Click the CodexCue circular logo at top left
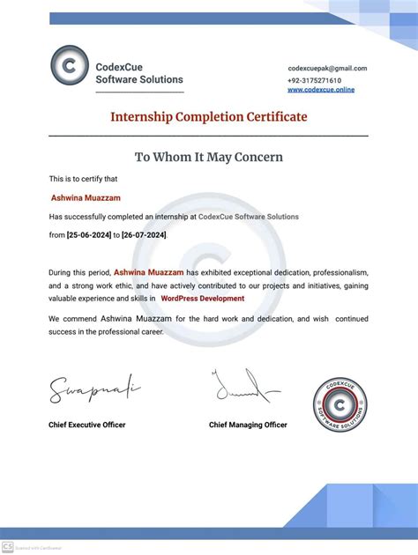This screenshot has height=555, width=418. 70,66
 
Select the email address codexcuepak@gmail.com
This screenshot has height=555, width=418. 327,68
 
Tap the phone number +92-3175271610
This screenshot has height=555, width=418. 314,79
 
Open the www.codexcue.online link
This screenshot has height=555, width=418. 321,90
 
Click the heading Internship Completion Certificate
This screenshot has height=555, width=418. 209,116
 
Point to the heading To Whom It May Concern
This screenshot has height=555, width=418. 209,157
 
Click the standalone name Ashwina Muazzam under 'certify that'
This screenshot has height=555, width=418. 86,198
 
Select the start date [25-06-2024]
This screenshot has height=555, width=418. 93,235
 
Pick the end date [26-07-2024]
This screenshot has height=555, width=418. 144,235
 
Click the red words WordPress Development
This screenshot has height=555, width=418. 203,299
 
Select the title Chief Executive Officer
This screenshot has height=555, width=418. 86,425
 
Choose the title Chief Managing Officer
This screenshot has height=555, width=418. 248,425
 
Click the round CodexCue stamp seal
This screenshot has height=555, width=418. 340,404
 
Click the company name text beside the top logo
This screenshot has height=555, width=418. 139,73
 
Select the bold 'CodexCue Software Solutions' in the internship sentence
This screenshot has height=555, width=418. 249,217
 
